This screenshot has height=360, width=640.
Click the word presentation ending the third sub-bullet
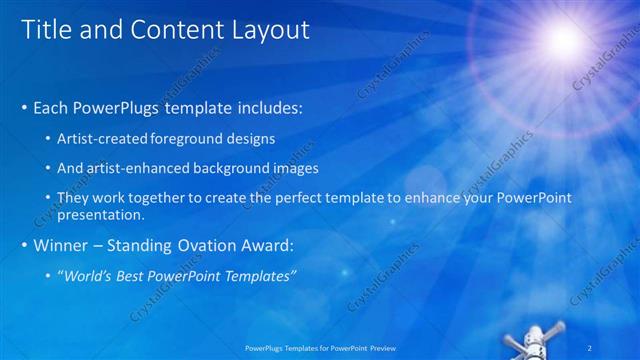point(102,214)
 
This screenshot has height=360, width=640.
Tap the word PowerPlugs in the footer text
point(266,347)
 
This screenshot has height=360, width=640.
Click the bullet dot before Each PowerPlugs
point(24,105)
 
